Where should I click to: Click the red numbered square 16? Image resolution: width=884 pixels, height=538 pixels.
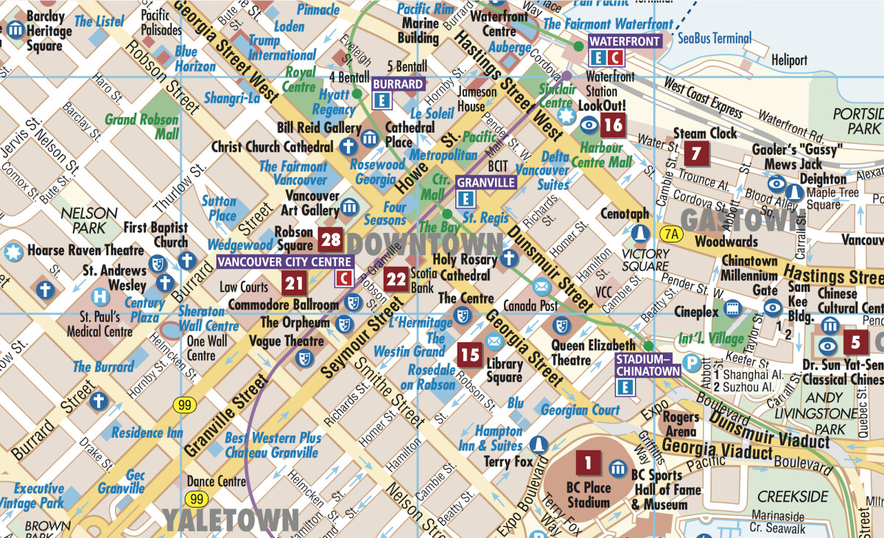[x=613, y=125]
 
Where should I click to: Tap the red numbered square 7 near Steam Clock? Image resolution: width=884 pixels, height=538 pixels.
[x=696, y=154]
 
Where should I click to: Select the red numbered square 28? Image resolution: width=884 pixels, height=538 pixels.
[x=331, y=240]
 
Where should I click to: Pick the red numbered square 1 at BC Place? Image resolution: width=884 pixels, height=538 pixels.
[x=588, y=464]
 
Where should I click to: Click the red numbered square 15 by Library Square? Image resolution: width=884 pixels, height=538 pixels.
[x=469, y=354]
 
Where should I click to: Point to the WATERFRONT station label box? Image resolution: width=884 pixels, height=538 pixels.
[x=625, y=41]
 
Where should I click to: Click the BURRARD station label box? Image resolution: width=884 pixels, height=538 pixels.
[x=398, y=84]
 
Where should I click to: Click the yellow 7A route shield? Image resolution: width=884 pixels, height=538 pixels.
[x=670, y=234]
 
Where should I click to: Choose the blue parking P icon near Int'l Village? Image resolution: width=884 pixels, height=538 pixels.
[x=691, y=363]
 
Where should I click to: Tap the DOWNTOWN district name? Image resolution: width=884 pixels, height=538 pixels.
[x=425, y=243]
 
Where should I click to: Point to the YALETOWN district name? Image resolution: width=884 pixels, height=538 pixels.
[x=231, y=520]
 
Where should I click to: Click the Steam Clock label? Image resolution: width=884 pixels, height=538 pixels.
[x=705, y=134]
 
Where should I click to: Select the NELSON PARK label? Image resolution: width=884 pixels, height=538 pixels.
[x=90, y=220]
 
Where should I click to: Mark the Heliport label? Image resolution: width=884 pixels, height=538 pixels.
[x=790, y=60]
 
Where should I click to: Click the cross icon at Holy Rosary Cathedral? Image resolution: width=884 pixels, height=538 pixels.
[x=508, y=259]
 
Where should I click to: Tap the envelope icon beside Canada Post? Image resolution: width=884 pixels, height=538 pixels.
[x=541, y=286]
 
